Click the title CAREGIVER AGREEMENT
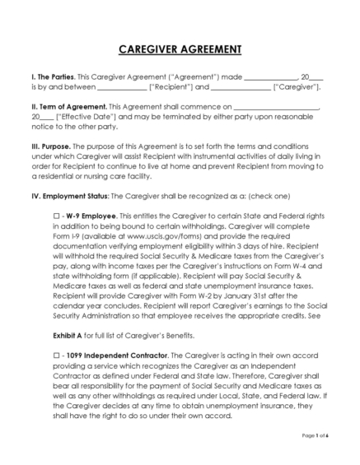coord(179,49)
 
